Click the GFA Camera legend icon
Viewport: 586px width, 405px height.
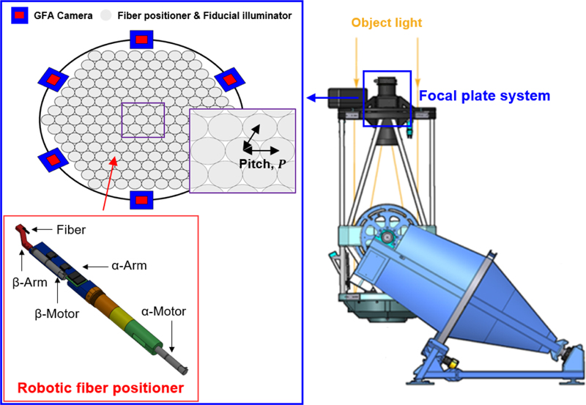coord(20,15)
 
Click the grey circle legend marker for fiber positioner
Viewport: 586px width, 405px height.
coord(107,15)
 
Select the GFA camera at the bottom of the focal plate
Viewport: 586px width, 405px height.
coord(140,199)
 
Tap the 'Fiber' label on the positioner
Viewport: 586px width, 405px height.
coord(71,229)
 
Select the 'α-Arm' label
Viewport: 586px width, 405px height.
coord(129,266)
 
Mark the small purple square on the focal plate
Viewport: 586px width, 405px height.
coord(144,120)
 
